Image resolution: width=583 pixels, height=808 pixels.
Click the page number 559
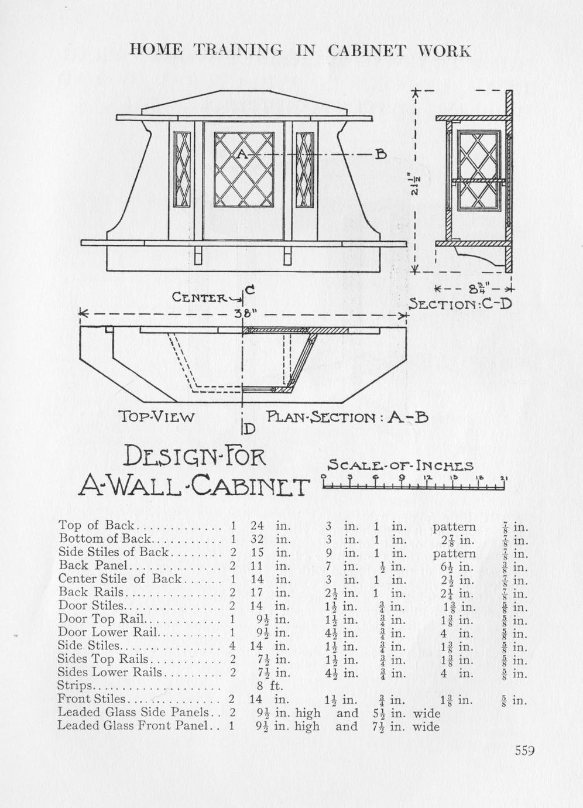[x=525, y=751]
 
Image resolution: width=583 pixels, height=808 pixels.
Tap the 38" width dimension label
[x=242, y=313]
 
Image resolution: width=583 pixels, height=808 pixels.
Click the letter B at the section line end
[x=380, y=155]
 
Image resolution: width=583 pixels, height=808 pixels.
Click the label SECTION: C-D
[x=461, y=304]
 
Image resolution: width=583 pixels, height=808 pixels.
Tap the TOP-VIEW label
[x=156, y=417]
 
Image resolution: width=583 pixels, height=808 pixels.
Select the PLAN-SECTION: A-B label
[x=348, y=417]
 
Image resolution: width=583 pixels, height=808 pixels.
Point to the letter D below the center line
[x=249, y=429]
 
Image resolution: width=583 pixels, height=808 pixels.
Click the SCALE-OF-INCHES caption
[x=400, y=466]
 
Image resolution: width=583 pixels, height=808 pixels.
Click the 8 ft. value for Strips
[x=270, y=686]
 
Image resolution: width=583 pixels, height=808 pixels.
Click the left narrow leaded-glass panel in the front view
[x=183, y=170]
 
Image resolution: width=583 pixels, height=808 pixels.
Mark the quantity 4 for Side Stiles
[x=232, y=646]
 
